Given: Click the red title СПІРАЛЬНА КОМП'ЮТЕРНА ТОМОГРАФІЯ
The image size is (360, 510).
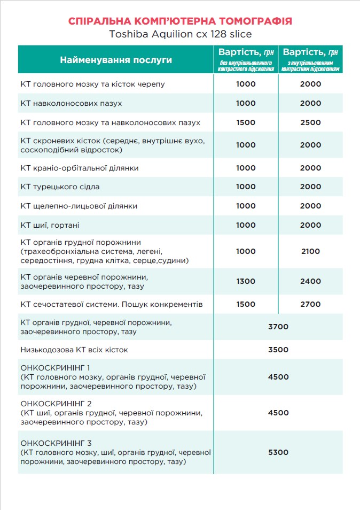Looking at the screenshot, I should (180, 21).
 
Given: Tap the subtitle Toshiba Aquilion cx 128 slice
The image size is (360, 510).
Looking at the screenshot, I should (180, 34).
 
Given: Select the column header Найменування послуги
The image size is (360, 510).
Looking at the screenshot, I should (116, 60).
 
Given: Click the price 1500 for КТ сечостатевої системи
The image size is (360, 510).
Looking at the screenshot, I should (246, 304).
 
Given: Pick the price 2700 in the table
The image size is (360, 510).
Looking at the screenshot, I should (310, 304).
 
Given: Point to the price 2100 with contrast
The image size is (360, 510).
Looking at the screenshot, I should (310, 251).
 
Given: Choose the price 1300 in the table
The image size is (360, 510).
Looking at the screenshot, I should (246, 281).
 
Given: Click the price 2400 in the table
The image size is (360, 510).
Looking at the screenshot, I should (310, 281).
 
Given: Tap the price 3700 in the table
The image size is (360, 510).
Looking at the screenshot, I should (278, 327).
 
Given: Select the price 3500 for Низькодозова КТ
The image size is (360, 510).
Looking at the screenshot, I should (278, 350).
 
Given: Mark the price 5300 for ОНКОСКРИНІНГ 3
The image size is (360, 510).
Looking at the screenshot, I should (278, 452).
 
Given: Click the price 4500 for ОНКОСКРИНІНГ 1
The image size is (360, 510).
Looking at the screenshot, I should (278, 376).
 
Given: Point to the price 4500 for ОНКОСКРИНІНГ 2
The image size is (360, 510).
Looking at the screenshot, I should (278, 413).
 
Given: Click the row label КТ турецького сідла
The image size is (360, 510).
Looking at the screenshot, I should (60, 187).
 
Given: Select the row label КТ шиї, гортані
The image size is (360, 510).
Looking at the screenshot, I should (50, 225).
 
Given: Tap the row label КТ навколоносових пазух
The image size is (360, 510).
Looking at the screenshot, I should (67, 103).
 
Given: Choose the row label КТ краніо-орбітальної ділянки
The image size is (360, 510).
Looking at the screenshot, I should (80, 168).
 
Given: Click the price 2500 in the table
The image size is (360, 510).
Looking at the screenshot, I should (310, 122).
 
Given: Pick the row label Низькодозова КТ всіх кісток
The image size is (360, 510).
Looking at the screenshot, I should (74, 350).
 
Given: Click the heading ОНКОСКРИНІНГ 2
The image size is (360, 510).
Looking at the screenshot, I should (56, 403).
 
